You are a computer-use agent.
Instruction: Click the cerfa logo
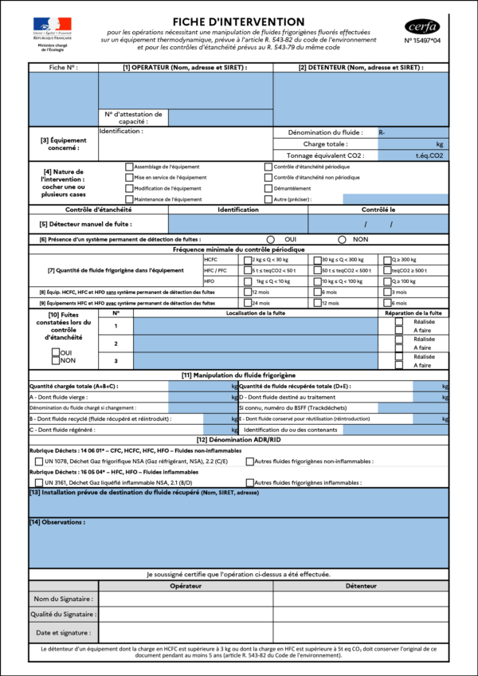pyautogui.click(x=422, y=26)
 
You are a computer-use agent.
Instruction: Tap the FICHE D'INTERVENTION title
pyautogui.click(x=239, y=22)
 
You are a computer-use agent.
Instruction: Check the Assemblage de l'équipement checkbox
pyautogui.click(x=129, y=167)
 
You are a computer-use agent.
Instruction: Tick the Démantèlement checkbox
pyautogui.click(x=268, y=188)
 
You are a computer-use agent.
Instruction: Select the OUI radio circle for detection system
pyautogui.click(x=271, y=239)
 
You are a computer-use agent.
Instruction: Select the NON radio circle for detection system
pyautogui.click(x=342, y=239)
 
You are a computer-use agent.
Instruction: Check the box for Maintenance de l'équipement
pyautogui.click(x=129, y=199)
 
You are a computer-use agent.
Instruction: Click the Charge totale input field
pyautogui.click(x=406, y=144)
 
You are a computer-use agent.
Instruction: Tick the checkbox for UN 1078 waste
pyautogui.click(x=39, y=462)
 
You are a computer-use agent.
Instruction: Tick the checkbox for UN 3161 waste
pyautogui.click(x=39, y=483)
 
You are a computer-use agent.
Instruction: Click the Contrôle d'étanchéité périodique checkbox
pyautogui.click(x=268, y=167)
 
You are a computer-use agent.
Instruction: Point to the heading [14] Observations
pyautogui.click(x=57, y=522)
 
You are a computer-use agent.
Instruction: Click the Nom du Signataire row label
pyautogui.click(x=64, y=599)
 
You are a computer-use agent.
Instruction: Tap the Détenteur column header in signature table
pyautogui.click(x=360, y=586)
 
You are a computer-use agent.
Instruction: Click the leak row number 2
pyautogui.click(x=116, y=343)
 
